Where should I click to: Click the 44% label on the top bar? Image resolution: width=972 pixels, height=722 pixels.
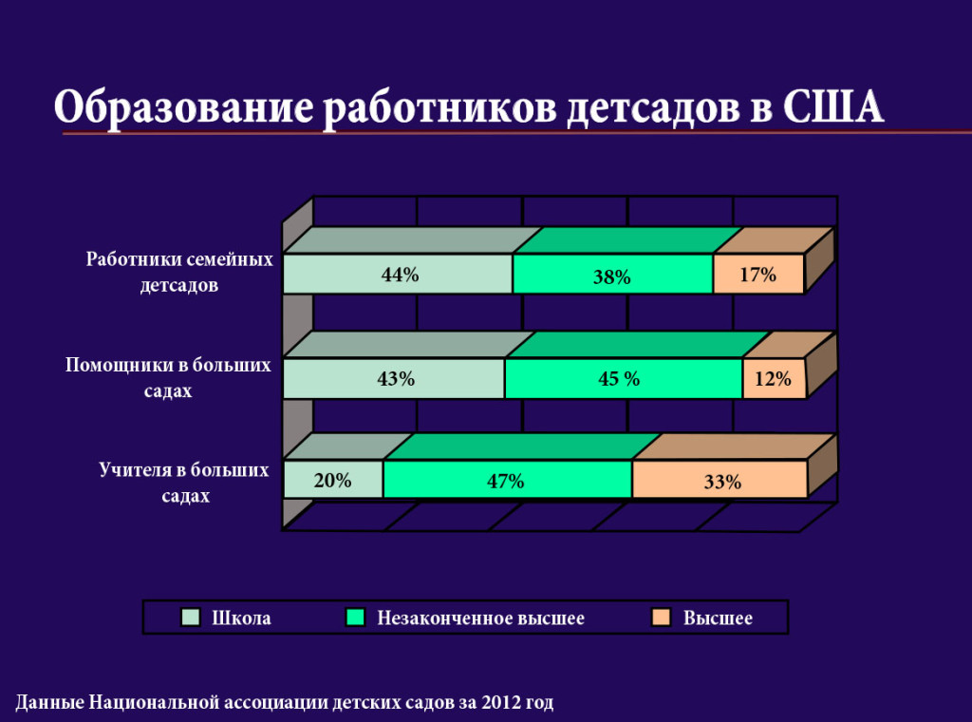coord(400,275)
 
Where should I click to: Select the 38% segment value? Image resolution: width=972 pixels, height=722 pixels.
coord(613,277)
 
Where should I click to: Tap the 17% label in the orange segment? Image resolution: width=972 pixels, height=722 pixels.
coord(757,275)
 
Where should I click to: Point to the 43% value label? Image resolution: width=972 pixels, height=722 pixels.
coord(396,378)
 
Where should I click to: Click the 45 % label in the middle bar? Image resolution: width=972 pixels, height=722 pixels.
coord(619,378)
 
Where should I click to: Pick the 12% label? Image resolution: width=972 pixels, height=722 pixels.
coord(773,379)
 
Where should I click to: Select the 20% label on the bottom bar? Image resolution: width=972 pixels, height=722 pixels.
coord(333,481)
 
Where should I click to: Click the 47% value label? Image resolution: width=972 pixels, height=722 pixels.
coord(505,481)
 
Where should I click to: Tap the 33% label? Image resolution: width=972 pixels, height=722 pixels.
coord(722,482)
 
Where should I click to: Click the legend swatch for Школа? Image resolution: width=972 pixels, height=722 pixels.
coord(191,617)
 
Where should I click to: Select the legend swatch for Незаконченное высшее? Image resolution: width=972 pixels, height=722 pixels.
coord(356,617)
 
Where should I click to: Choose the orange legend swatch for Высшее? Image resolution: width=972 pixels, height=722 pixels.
coord(662,617)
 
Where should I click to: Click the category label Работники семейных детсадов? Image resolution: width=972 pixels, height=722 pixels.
coord(179,272)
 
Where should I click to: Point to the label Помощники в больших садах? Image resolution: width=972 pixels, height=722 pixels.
coord(168,377)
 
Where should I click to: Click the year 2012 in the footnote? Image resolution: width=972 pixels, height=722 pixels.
coord(500,703)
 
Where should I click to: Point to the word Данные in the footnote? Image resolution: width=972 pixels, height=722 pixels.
coord(49,703)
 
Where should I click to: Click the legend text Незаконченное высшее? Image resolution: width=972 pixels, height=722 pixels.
coord(480,618)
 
